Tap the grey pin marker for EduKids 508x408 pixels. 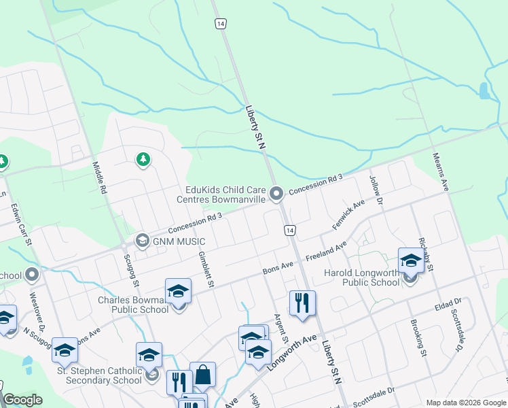pyautogui.click(x=276, y=194)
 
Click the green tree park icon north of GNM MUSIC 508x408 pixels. pyautogui.click(x=143, y=160)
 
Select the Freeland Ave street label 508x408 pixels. pyautogui.click(x=326, y=253)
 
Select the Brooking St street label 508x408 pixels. pyautogui.click(x=418, y=338)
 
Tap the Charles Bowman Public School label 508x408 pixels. pyautogui.click(x=133, y=305)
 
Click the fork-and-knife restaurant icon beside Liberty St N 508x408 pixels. pyautogui.click(x=302, y=303)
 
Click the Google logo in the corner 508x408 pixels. pyautogui.click(x=22, y=400)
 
